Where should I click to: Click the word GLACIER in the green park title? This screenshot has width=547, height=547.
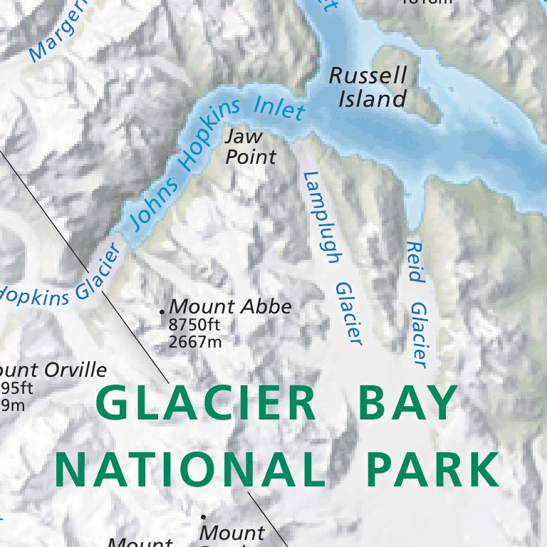[x=206, y=404]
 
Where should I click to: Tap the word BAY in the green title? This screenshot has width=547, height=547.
[x=407, y=404]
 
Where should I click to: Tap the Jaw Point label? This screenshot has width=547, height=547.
[x=250, y=147]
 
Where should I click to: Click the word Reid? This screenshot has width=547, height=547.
[x=414, y=261]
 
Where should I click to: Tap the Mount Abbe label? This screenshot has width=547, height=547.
[x=230, y=307]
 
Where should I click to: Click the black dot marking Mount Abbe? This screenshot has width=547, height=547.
[x=162, y=311]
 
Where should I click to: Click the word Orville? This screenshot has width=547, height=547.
[x=74, y=370]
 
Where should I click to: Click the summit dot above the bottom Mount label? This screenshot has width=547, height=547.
[x=203, y=517]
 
